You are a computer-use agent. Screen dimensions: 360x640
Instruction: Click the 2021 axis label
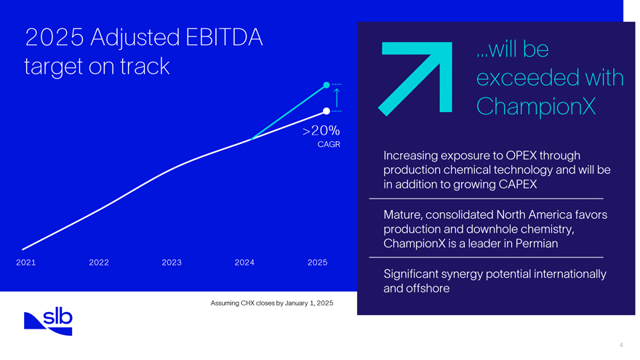click(25, 262)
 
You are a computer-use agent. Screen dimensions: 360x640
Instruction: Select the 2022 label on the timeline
click(99, 262)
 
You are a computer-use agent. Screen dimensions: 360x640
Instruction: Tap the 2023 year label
click(172, 262)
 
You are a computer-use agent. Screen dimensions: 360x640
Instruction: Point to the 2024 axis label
click(244, 262)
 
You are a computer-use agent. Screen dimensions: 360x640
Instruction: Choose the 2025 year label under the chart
click(317, 262)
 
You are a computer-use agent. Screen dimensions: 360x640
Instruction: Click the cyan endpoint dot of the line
click(327, 85)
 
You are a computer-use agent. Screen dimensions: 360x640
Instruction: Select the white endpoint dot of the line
click(327, 111)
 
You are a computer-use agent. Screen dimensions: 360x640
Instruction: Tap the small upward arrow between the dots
click(337, 97)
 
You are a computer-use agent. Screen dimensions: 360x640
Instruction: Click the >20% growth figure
click(320, 131)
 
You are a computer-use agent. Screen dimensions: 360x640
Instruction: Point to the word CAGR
click(329, 144)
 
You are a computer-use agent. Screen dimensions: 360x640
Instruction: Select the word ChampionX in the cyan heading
click(535, 107)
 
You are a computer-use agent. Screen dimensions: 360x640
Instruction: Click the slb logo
click(48, 321)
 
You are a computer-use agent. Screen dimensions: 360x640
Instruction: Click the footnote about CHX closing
click(271, 302)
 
